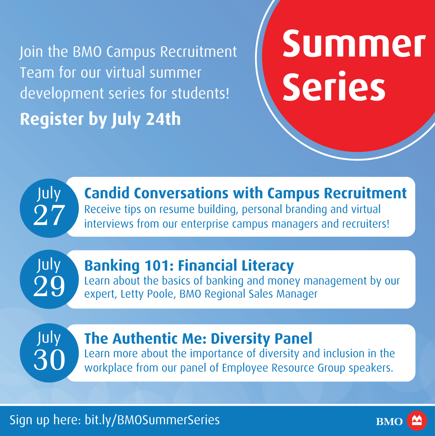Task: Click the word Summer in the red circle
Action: coord(354,43)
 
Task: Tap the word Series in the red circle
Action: coord(334,86)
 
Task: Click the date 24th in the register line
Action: coord(163,119)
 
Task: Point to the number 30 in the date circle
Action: coord(49,360)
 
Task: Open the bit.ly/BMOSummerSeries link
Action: coord(152,420)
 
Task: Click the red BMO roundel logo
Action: coord(417,421)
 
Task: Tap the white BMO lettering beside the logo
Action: coord(389,421)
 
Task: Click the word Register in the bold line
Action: coord(52,120)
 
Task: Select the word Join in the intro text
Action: coord(31,52)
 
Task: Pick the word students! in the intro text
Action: coord(200,93)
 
